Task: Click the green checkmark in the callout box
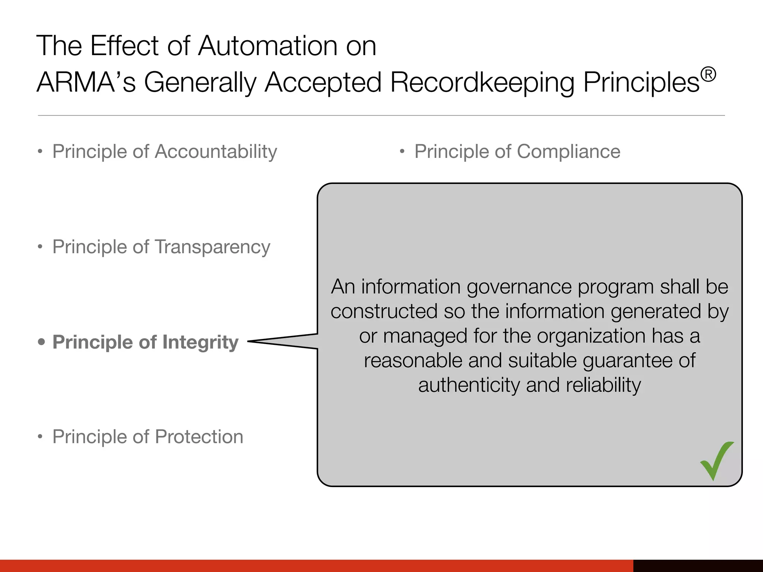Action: tap(716, 462)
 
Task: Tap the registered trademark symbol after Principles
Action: tap(708, 74)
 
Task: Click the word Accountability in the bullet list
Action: tap(216, 152)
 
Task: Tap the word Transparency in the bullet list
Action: tap(212, 247)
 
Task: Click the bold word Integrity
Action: tap(200, 343)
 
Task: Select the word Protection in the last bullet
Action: tap(199, 437)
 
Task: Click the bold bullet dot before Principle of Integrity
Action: tap(41, 341)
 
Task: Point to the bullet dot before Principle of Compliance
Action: tap(402, 152)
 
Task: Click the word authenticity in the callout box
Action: tap(469, 385)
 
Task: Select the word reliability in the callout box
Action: tap(604, 385)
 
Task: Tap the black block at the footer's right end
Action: tap(698, 566)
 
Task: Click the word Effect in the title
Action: tap(124, 46)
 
